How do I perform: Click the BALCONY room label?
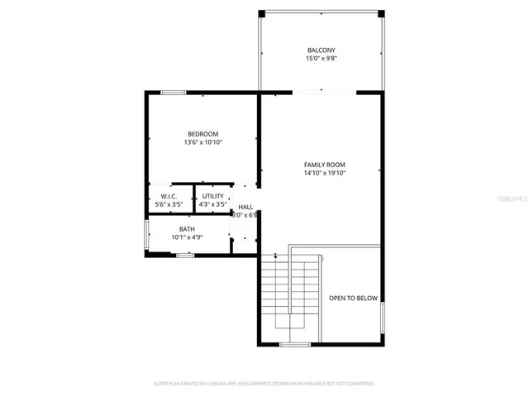(322, 50)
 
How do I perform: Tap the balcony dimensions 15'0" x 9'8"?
(322, 59)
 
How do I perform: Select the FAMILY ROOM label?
(324, 165)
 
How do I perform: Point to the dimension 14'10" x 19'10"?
(324, 173)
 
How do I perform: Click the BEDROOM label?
(203, 134)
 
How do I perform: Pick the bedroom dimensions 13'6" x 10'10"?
(203, 142)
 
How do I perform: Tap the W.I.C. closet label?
(169, 196)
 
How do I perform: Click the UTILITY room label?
(213, 196)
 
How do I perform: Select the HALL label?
(245, 207)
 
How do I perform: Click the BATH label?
(187, 229)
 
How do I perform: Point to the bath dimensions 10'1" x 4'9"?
(187, 237)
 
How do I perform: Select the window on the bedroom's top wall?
(173, 92)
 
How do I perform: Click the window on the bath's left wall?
(146, 233)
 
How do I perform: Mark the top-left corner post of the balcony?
(261, 13)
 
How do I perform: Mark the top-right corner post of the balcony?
(381, 13)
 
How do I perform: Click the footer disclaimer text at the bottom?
(264, 384)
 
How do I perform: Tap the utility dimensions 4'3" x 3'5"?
(213, 204)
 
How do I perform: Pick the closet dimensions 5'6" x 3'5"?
(169, 204)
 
